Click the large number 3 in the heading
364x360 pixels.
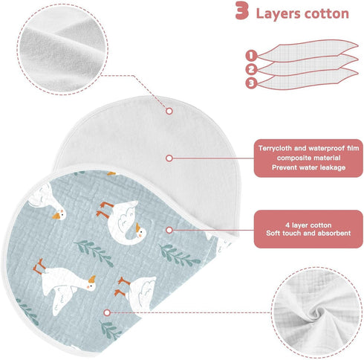[241, 10]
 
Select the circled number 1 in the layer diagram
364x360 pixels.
[251, 56]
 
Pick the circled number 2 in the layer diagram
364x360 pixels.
[251, 69]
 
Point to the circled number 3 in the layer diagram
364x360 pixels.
[251, 83]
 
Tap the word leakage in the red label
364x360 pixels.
[333, 167]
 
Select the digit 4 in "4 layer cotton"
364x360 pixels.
[287, 225]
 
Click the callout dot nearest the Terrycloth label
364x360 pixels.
[169, 158]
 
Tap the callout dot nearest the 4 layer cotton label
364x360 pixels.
[169, 231]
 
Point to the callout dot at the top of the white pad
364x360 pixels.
[169, 111]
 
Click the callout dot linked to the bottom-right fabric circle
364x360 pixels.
[107, 312]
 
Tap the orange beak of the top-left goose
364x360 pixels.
[56, 216]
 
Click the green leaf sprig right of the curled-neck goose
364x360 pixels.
[179, 255]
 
